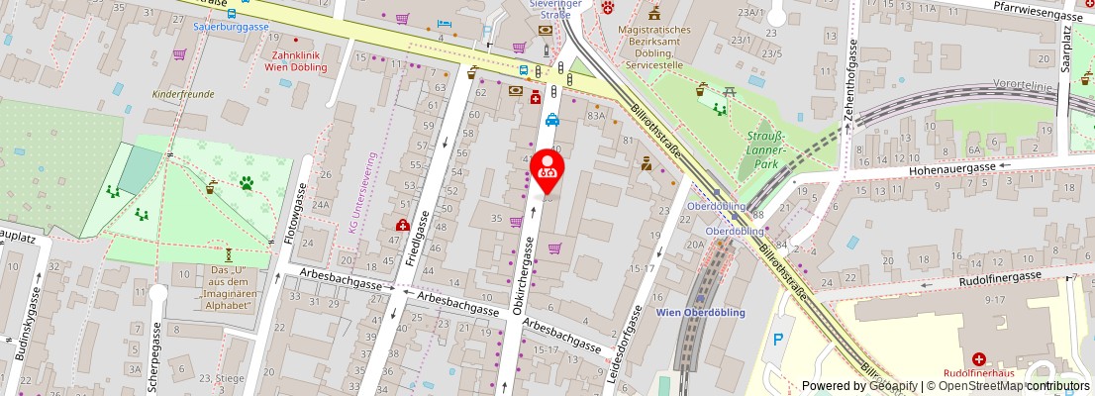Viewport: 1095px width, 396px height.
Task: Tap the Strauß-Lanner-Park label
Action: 765,148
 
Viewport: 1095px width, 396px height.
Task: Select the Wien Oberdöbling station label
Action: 700,312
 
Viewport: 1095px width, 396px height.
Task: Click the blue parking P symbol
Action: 777,340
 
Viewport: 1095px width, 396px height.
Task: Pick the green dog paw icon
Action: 246,182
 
